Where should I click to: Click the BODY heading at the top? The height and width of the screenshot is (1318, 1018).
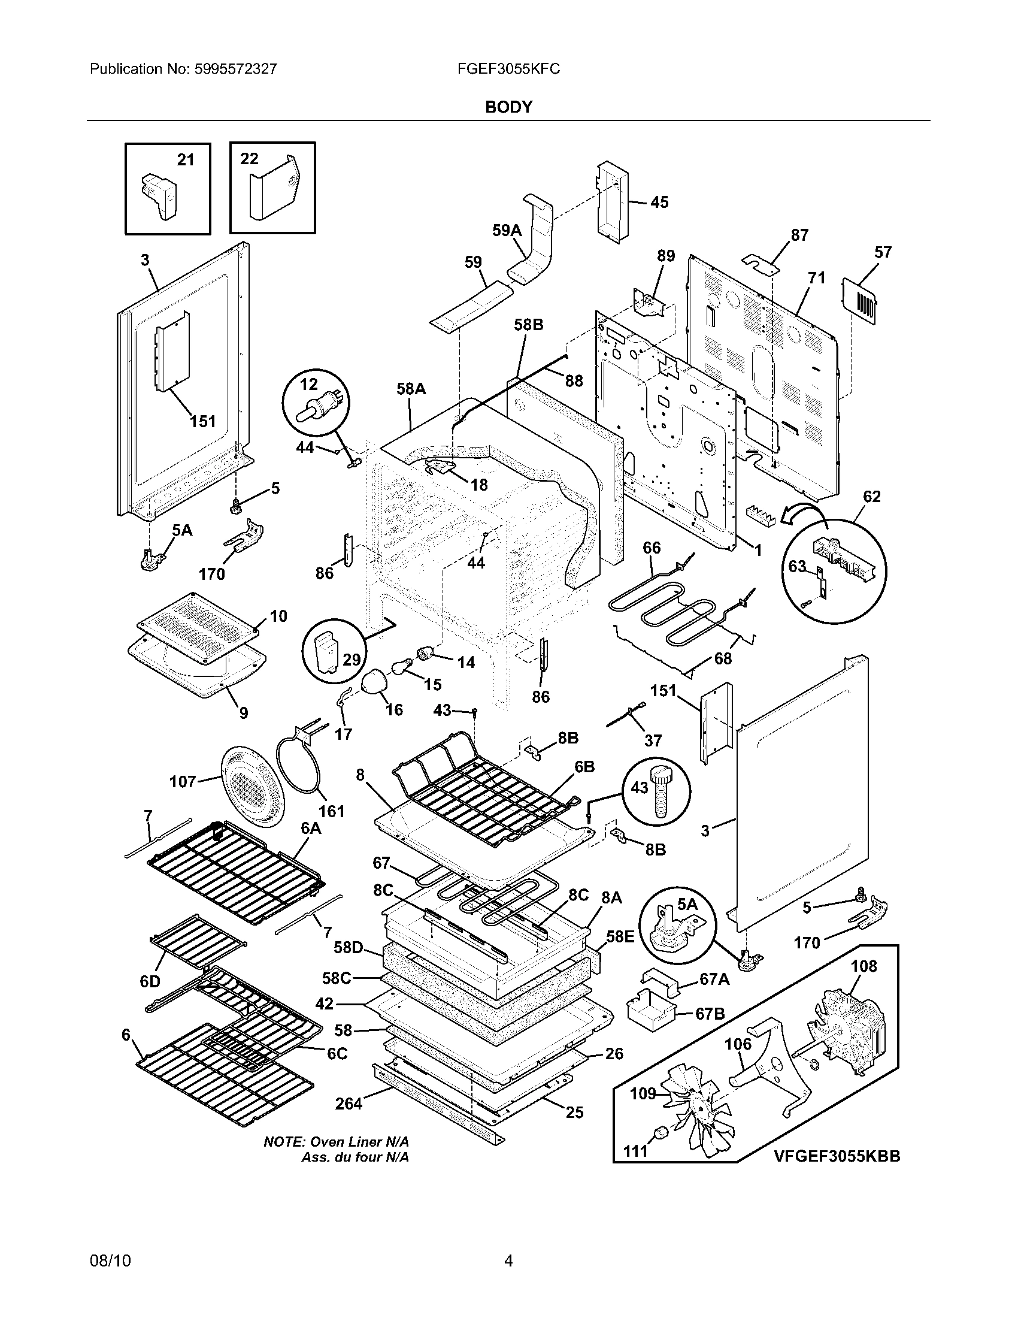508,107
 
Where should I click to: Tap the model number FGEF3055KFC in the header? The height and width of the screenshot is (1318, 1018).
508,69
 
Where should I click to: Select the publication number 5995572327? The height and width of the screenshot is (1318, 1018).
235,69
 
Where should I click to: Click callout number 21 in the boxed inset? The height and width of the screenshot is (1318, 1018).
186,159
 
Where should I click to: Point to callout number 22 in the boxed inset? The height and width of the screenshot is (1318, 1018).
249,159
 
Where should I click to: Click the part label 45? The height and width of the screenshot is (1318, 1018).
659,202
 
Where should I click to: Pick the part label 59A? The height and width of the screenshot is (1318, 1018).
507,230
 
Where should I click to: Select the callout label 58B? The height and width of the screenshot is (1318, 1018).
528,325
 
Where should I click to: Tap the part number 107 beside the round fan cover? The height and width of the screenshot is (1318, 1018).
183,781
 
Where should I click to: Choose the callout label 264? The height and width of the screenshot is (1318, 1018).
349,1104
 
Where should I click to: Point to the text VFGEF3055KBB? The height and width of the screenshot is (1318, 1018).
837,1156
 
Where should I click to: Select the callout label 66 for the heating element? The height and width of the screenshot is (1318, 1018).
652,548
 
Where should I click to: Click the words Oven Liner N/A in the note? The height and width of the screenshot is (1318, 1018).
359,1142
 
